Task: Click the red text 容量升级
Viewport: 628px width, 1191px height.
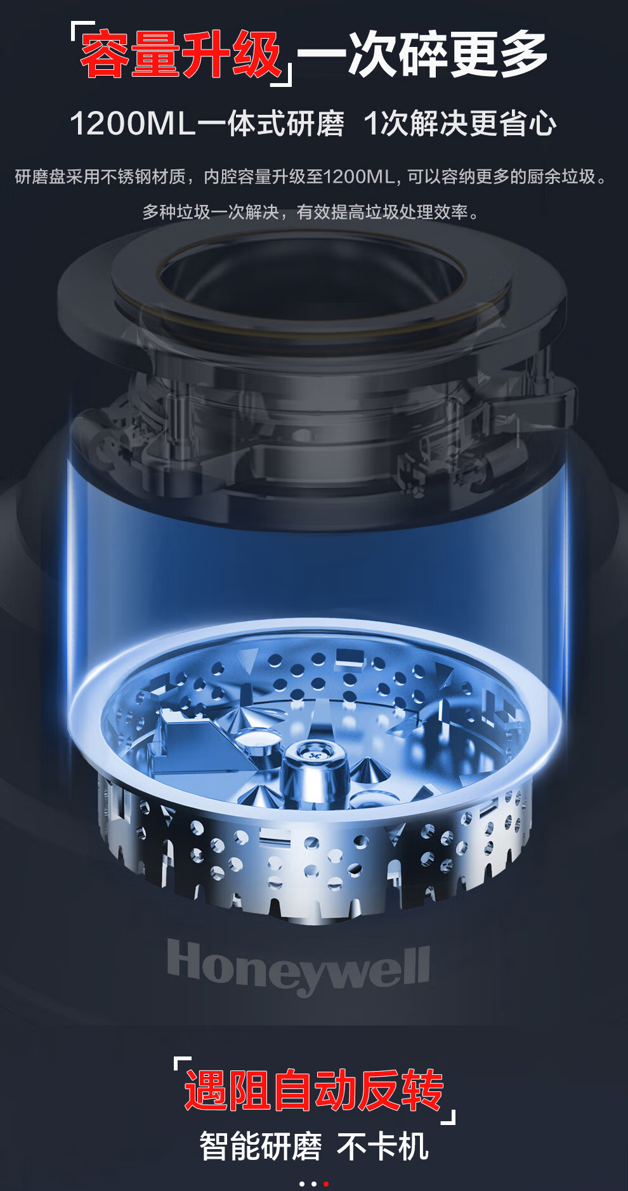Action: [x=181, y=55]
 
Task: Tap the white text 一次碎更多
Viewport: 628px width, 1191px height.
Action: [x=422, y=55]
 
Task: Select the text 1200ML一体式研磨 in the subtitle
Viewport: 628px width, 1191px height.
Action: [x=207, y=123]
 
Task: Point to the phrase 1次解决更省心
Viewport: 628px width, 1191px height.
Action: [x=460, y=123]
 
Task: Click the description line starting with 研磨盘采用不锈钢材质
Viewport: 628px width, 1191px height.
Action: [x=311, y=176]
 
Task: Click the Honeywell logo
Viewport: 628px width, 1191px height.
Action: [x=298, y=968]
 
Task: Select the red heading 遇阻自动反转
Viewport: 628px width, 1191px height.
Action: [x=313, y=1090]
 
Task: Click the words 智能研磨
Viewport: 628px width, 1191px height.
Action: [x=261, y=1147]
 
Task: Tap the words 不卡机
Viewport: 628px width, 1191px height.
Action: [x=383, y=1147]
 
